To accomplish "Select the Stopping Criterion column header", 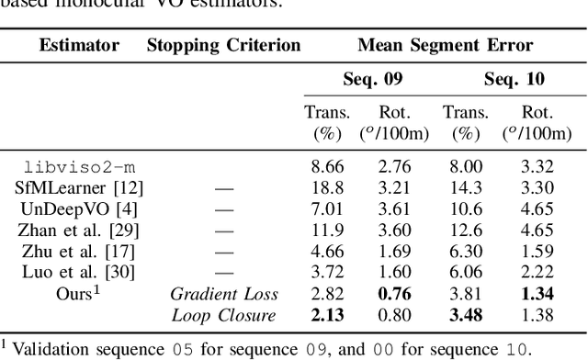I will pos(223,44).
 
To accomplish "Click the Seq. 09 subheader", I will pos(363,80).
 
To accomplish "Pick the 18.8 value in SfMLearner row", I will pos(327,188).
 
